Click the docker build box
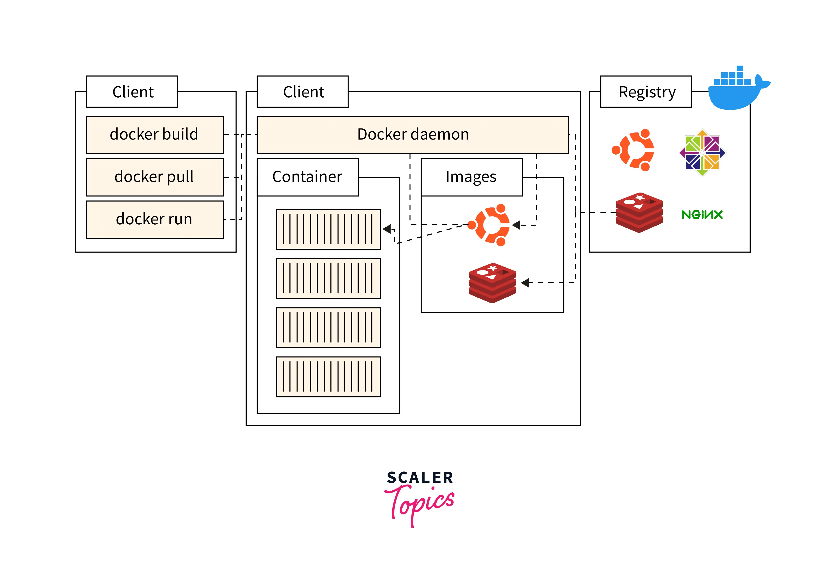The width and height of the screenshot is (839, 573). click(155, 135)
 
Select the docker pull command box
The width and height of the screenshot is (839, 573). click(155, 177)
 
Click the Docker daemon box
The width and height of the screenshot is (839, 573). click(413, 135)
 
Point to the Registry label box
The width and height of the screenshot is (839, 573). click(646, 92)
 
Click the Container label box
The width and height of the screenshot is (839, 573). click(308, 177)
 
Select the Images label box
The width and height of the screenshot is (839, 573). click(471, 177)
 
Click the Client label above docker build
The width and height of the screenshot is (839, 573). click(132, 92)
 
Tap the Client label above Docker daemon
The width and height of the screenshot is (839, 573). click(302, 92)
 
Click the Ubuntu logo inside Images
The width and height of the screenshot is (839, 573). click(489, 225)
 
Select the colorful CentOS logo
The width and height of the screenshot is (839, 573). click(702, 153)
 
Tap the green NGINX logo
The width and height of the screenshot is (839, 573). click(702, 215)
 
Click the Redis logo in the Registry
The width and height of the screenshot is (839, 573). click(639, 212)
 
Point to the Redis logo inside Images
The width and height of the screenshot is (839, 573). click(492, 283)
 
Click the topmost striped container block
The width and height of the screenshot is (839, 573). click(328, 229)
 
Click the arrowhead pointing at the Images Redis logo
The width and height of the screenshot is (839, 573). click(525, 283)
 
